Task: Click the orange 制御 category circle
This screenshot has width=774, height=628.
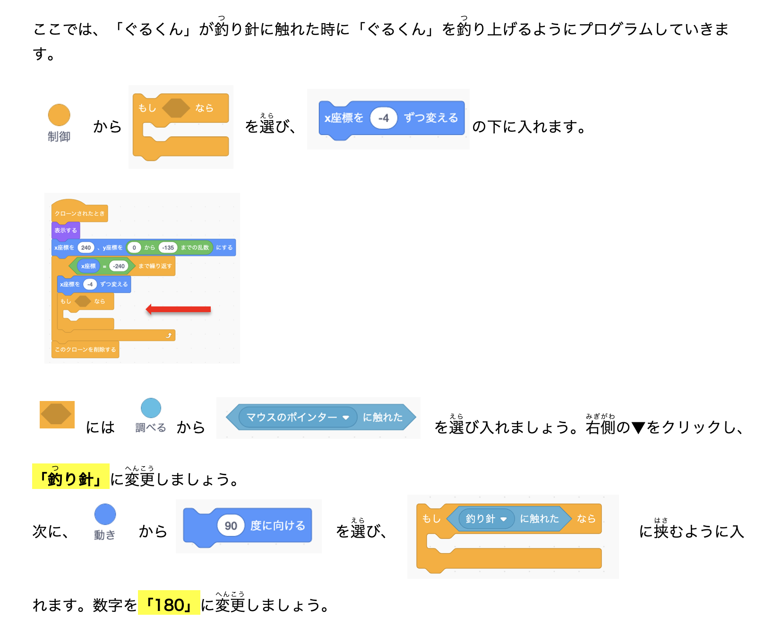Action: (59, 115)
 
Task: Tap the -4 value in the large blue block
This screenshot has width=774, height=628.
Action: (383, 118)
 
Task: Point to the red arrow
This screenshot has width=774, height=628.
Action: (178, 309)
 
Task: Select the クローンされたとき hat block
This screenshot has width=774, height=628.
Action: (79, 213)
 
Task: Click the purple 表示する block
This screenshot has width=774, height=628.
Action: (66, 230)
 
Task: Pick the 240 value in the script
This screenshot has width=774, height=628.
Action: (86, 247)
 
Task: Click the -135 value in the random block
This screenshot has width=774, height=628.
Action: (168, 247)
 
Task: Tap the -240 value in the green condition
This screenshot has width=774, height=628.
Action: (119, 266)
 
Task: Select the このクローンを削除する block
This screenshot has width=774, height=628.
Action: (85, 349)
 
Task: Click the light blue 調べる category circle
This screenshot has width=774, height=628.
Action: (151, 408)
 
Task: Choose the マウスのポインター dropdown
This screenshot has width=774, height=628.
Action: (297, 417)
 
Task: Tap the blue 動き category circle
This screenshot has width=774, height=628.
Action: (105, 514)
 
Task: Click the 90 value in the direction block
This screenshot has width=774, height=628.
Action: (231, 525)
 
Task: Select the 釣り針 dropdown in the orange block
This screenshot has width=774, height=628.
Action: (486, 519)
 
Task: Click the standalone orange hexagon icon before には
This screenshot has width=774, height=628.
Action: (57, 414)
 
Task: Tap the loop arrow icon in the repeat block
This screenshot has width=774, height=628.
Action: (169, 335)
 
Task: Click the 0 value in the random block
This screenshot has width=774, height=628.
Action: (134, 247)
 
